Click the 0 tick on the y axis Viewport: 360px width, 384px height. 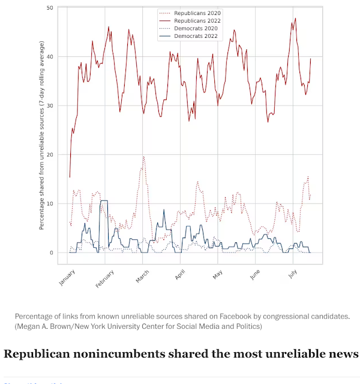52,253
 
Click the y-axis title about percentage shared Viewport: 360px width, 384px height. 41,136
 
